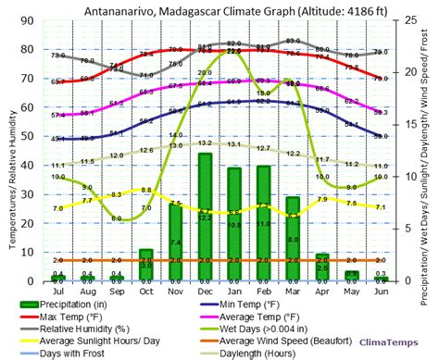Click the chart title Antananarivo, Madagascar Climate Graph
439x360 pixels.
coord(219,10)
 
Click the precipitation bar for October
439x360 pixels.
coord(146,265)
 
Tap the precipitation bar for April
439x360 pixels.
coord(322,267)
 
